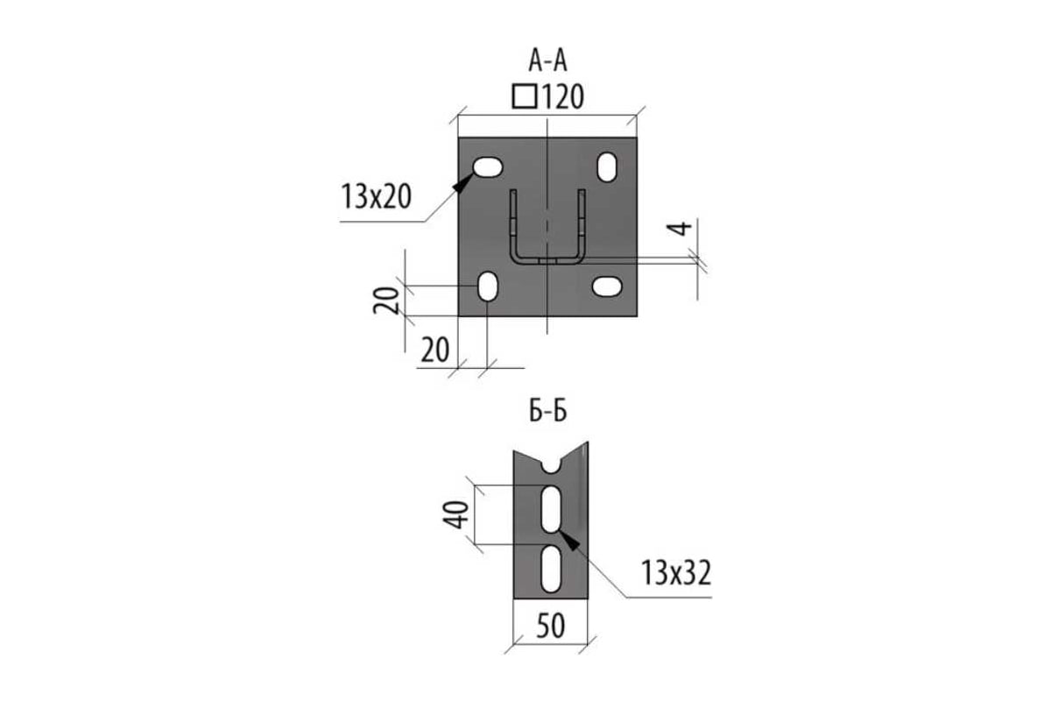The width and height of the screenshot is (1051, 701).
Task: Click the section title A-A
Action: click(547, 61)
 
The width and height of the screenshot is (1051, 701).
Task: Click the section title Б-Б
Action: click(548, 411)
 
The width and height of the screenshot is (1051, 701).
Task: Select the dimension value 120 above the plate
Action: click(563, 96)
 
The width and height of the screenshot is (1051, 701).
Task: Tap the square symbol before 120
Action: click(524, 96)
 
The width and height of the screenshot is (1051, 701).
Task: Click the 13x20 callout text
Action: click(377, 196)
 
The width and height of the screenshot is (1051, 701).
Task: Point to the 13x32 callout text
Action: click(676, 572)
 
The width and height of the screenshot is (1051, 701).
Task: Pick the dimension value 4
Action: click(680, 229)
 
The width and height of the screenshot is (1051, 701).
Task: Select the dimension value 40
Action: click(455, 515)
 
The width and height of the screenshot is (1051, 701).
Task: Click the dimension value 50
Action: click(550, 626)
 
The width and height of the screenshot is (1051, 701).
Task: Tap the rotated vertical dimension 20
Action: click(385, 301)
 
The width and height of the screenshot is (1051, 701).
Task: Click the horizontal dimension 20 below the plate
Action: click(435, 350)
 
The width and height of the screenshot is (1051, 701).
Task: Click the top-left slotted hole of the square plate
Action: click(488, 167)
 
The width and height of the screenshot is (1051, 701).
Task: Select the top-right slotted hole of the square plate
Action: click(607, 167)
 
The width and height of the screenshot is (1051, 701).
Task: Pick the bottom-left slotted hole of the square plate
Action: click(488, 287)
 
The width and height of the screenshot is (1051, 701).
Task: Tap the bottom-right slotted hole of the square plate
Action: click(607, 287)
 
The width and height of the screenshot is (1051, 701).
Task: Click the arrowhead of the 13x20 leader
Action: click(463, 182)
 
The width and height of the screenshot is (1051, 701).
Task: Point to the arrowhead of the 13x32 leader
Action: click(568, 540)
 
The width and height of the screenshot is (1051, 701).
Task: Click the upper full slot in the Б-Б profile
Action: click(551, 510)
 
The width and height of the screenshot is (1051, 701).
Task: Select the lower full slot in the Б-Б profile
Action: click(551, 569)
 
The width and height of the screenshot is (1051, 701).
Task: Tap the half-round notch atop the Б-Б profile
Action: click(551, 466)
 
